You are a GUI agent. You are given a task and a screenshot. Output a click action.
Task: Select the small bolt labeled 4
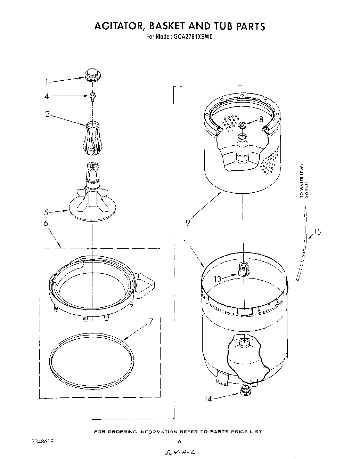[92, 96]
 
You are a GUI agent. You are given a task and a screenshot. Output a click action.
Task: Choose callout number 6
[46, 223]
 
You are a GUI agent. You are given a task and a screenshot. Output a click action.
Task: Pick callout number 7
[150, 322]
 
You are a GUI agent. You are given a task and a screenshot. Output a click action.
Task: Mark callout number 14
[208, 399]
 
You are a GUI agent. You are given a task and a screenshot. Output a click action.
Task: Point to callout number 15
[317, 232]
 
